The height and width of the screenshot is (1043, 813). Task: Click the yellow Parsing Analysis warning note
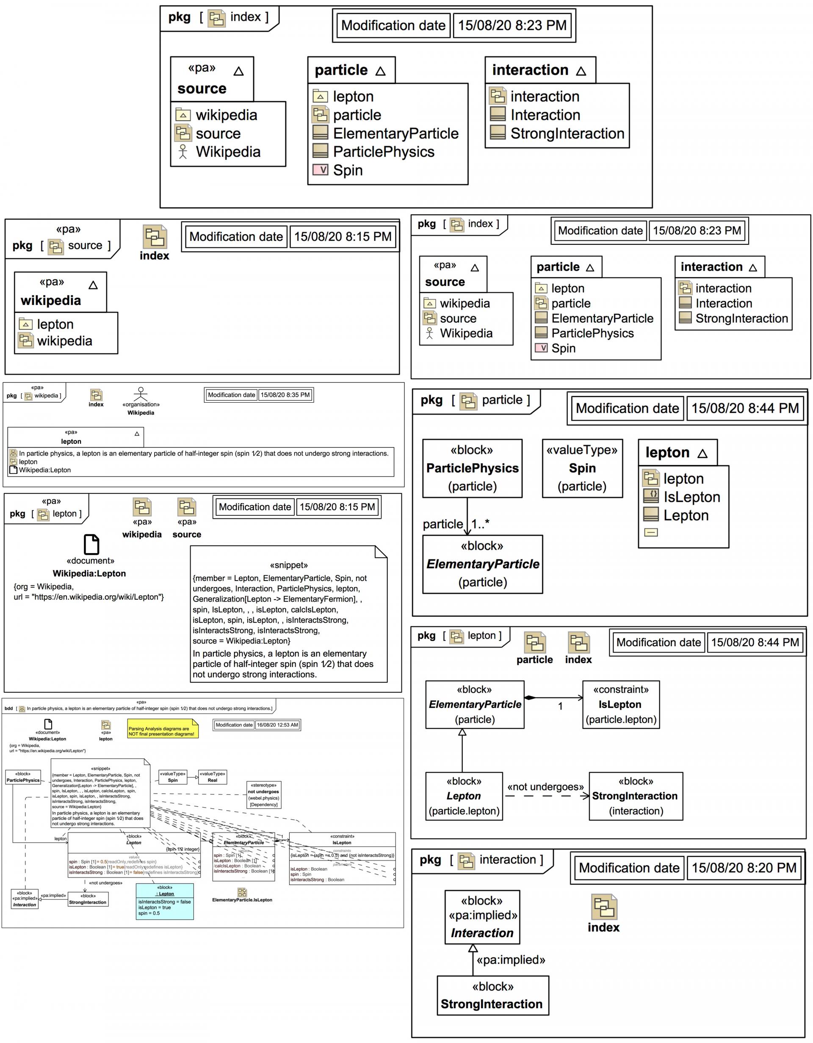[162, 730]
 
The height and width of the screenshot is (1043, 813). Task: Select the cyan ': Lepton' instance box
[165, 902]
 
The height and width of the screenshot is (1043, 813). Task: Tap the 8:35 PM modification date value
[285, 395]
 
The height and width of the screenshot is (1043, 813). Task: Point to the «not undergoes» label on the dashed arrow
[545, 786]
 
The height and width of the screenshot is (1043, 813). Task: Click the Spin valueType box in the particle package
[582, 468]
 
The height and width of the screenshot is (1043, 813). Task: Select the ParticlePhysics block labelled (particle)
[472, 468]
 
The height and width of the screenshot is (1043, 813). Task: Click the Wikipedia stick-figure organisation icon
[140, 393]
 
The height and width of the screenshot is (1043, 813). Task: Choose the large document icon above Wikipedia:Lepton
[91, 544]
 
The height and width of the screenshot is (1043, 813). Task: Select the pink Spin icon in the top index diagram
[320, 169]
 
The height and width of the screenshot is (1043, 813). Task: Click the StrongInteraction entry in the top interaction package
[567, 133]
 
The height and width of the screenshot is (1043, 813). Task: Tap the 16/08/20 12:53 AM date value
[277, 725]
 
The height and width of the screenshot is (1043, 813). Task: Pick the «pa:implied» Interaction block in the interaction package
[482, 916]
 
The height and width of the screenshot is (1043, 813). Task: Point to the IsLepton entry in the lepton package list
[691, 497]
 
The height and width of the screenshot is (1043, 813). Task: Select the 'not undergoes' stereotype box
[263, 795]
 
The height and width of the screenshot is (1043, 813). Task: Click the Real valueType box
[213, 777]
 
